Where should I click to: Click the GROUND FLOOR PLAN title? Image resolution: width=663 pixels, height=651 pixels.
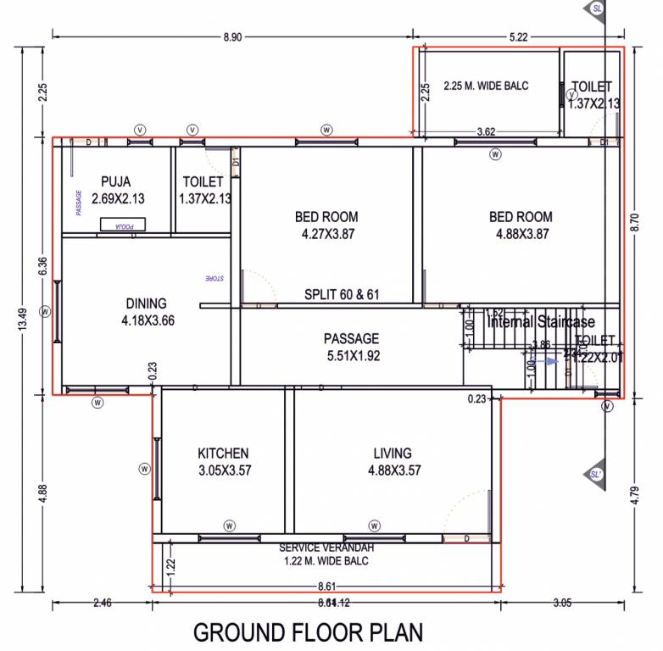point(308,633)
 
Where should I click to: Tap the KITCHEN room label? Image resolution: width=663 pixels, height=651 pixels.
point(223,453)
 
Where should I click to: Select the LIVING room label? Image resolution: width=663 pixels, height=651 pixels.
point(392,453)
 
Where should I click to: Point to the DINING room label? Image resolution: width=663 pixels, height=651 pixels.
point(146,303)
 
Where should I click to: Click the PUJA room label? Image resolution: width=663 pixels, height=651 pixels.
point(115,181)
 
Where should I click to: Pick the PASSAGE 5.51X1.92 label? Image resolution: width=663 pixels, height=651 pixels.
point(352,339)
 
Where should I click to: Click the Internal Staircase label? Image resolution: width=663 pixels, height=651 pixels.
point(541,322)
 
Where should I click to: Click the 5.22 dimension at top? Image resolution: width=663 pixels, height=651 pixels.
point(519,36)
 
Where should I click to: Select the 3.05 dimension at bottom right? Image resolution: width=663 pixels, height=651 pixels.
point(561,604)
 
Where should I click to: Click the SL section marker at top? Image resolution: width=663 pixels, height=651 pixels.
point(597,8)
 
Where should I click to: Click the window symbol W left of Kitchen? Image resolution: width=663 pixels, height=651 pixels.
point(144,469)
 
